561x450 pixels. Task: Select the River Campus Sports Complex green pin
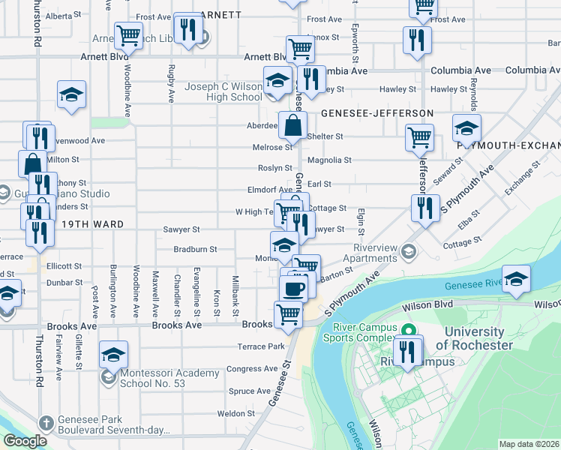point(408,330)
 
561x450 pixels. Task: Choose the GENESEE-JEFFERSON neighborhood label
point(377,113)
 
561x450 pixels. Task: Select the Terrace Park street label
point(262,346)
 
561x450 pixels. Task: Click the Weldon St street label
point(236,413)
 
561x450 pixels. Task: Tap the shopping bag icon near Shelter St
point(292,125)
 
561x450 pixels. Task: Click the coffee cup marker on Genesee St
point(293,287)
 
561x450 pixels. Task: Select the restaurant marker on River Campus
point(407,351)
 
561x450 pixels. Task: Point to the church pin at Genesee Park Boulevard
point(46,423)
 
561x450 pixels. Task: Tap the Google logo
point(25,442)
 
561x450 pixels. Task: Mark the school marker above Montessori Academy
point(113,353)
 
